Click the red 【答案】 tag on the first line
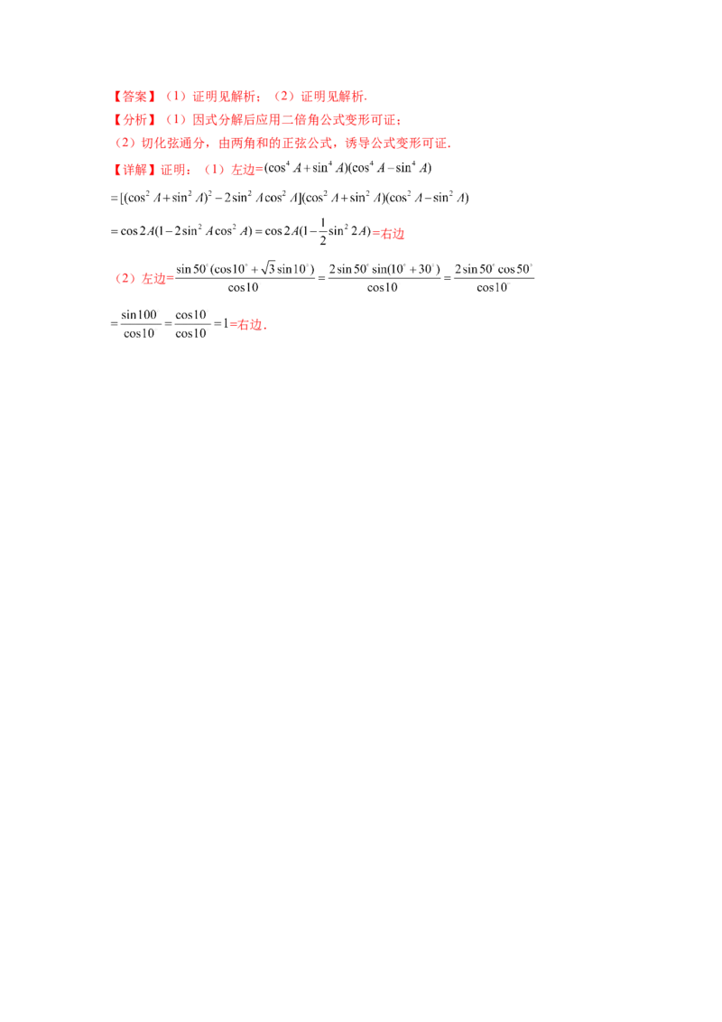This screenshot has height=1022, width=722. tap(134, 96)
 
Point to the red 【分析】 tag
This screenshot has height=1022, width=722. tap(134, 119)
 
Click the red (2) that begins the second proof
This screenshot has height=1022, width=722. tap(125, 281)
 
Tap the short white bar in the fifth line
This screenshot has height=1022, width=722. tap(360, 206)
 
